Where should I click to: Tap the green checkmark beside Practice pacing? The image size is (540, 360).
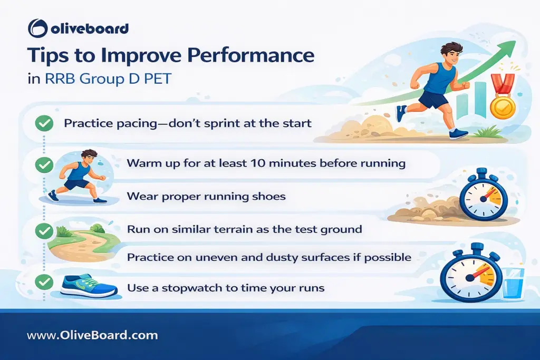[43, 124]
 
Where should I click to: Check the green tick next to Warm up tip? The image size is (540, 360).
[43, 164]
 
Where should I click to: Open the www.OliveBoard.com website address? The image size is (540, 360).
[92, 335]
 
